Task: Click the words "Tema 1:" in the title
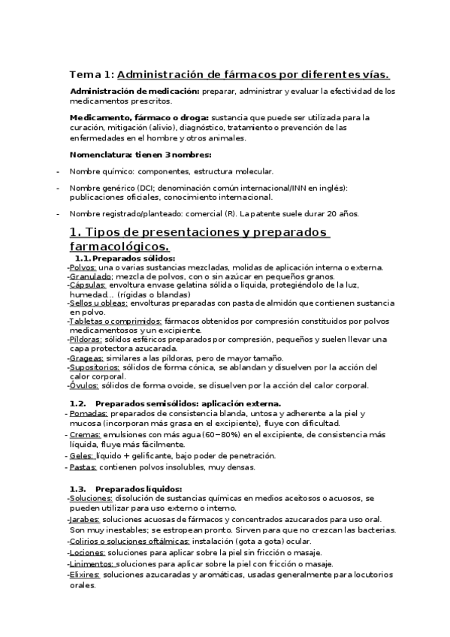coord(92,74)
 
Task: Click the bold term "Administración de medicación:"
coord(134,91)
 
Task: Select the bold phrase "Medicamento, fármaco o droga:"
coord(140,117)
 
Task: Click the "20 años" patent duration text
coord(343,213)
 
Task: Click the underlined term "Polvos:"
coord(82,267)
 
